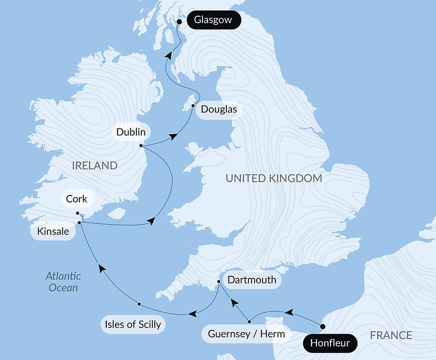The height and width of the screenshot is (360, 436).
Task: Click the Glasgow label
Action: click(213, 20)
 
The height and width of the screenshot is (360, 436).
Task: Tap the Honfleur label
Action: click(330, 343)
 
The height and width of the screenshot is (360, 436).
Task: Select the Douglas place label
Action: click(219, 109)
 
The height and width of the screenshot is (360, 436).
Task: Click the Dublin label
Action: click(131, 132)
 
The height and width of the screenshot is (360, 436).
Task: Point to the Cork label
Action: click(77, 199)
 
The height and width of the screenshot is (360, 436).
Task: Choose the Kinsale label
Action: click(53, 231)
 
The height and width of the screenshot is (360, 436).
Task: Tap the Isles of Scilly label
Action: click(133, 324)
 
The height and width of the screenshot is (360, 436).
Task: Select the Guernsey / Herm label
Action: click(246, 334)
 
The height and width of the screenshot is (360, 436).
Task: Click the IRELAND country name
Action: click(95, 165)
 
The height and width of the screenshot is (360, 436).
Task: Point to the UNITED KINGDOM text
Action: click(274, 178)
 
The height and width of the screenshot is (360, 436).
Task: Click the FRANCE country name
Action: click(391, 335)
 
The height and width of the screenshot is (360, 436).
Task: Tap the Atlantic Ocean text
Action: click(64, 281)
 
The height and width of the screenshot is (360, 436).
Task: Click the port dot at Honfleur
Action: click(323, 326)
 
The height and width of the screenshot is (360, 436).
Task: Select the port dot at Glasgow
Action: click(179, 21)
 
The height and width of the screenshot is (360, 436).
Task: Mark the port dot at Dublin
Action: click(141, 146)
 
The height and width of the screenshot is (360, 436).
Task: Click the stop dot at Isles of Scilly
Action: click(139, 304)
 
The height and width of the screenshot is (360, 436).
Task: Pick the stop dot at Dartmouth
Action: click(219, 281)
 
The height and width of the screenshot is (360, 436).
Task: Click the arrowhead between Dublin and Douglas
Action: click(173, 137)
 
